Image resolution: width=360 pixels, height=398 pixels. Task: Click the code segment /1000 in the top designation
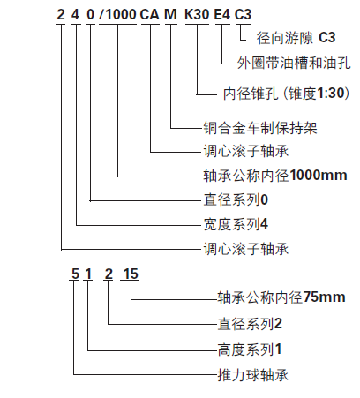[x=117, y=14]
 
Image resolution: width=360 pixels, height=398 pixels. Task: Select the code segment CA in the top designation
[x=150, y=14]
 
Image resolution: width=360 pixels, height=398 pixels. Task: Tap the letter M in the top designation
[x=170, y=14]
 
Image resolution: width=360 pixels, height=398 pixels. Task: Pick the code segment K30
[x=197, y=14]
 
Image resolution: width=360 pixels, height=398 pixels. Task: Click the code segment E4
[x=222, y=14]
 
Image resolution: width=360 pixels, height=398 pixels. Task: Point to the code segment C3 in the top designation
[x=243, y=14]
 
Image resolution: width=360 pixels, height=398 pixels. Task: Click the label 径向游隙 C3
[x=296, y=38]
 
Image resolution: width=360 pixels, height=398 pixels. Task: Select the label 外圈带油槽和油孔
[x=294, y=63]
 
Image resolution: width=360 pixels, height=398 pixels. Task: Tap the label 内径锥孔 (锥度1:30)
[x=287, y=94]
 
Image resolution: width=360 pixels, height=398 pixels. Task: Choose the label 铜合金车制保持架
[x=260, y=128]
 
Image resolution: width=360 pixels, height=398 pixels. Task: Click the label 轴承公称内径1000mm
[x=275, y=176]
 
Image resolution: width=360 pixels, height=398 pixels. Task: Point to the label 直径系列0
[x=236, y=199]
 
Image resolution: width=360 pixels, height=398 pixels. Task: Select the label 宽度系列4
[x=236, y=224]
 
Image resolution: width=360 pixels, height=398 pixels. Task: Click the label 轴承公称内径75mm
[x=281, y=297]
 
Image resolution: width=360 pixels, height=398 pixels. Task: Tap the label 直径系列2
[x=250, y=324]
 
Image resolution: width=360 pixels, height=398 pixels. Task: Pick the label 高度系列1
[x=250, y=349]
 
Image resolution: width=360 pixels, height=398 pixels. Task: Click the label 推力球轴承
[x=253, y=375]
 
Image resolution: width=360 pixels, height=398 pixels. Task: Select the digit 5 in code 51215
[x=75, y=274]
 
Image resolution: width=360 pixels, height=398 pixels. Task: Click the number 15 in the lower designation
[x=131, y=274]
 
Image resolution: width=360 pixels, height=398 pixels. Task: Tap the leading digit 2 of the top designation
[x=61, y=14]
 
